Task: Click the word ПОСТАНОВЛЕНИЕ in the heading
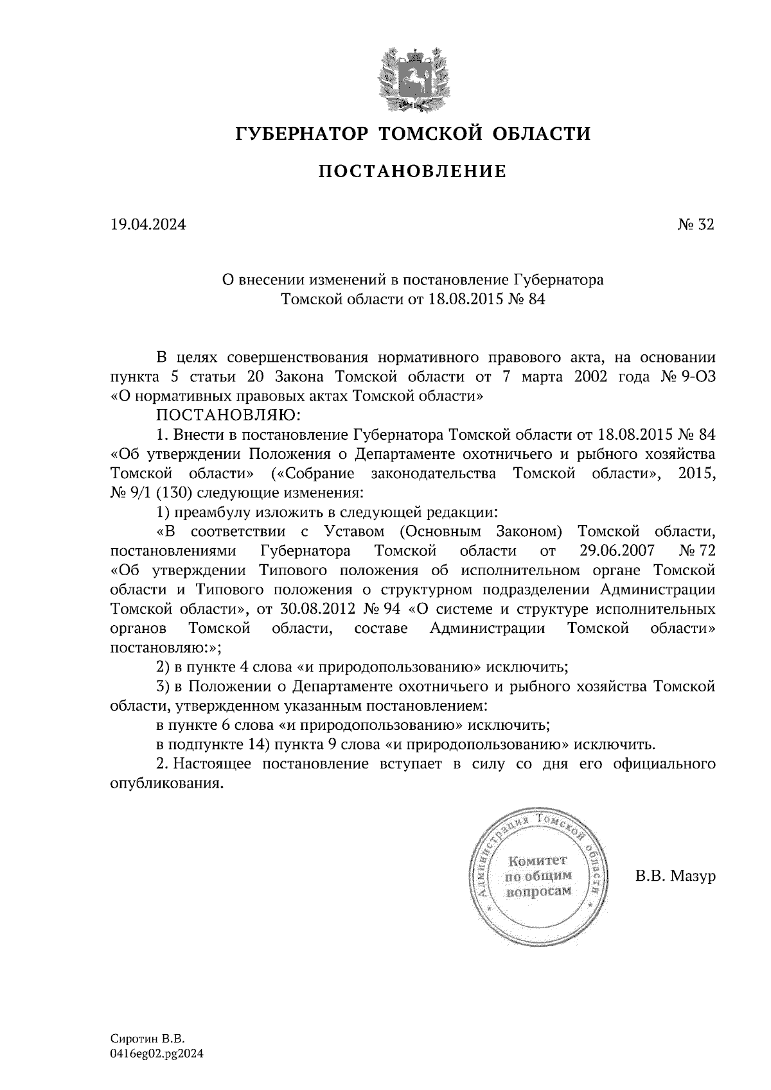(412, 171)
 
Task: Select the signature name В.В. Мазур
(675, 876)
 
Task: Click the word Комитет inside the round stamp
(538, 860)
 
